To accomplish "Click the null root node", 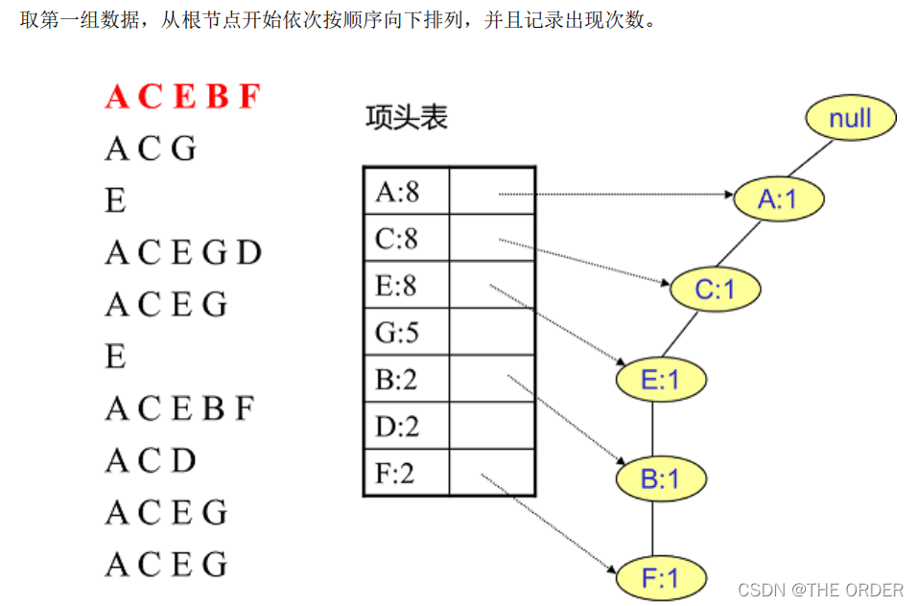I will click(850, 118).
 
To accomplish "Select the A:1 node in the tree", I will click(778, 198).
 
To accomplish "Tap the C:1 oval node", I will click(714, 289).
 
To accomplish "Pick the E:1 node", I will click(660, 380).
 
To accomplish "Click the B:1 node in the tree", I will click(660, 478).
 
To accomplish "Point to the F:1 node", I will click(660, 578).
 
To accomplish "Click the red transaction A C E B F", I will click(182, 97).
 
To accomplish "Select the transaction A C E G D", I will click(182, 253).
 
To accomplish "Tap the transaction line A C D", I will click(151, 461).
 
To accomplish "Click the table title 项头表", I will click(407, 118).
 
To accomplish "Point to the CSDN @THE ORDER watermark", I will click(821, 590).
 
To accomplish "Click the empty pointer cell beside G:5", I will click(491, 332).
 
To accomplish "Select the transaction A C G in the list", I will click(151, 149).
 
